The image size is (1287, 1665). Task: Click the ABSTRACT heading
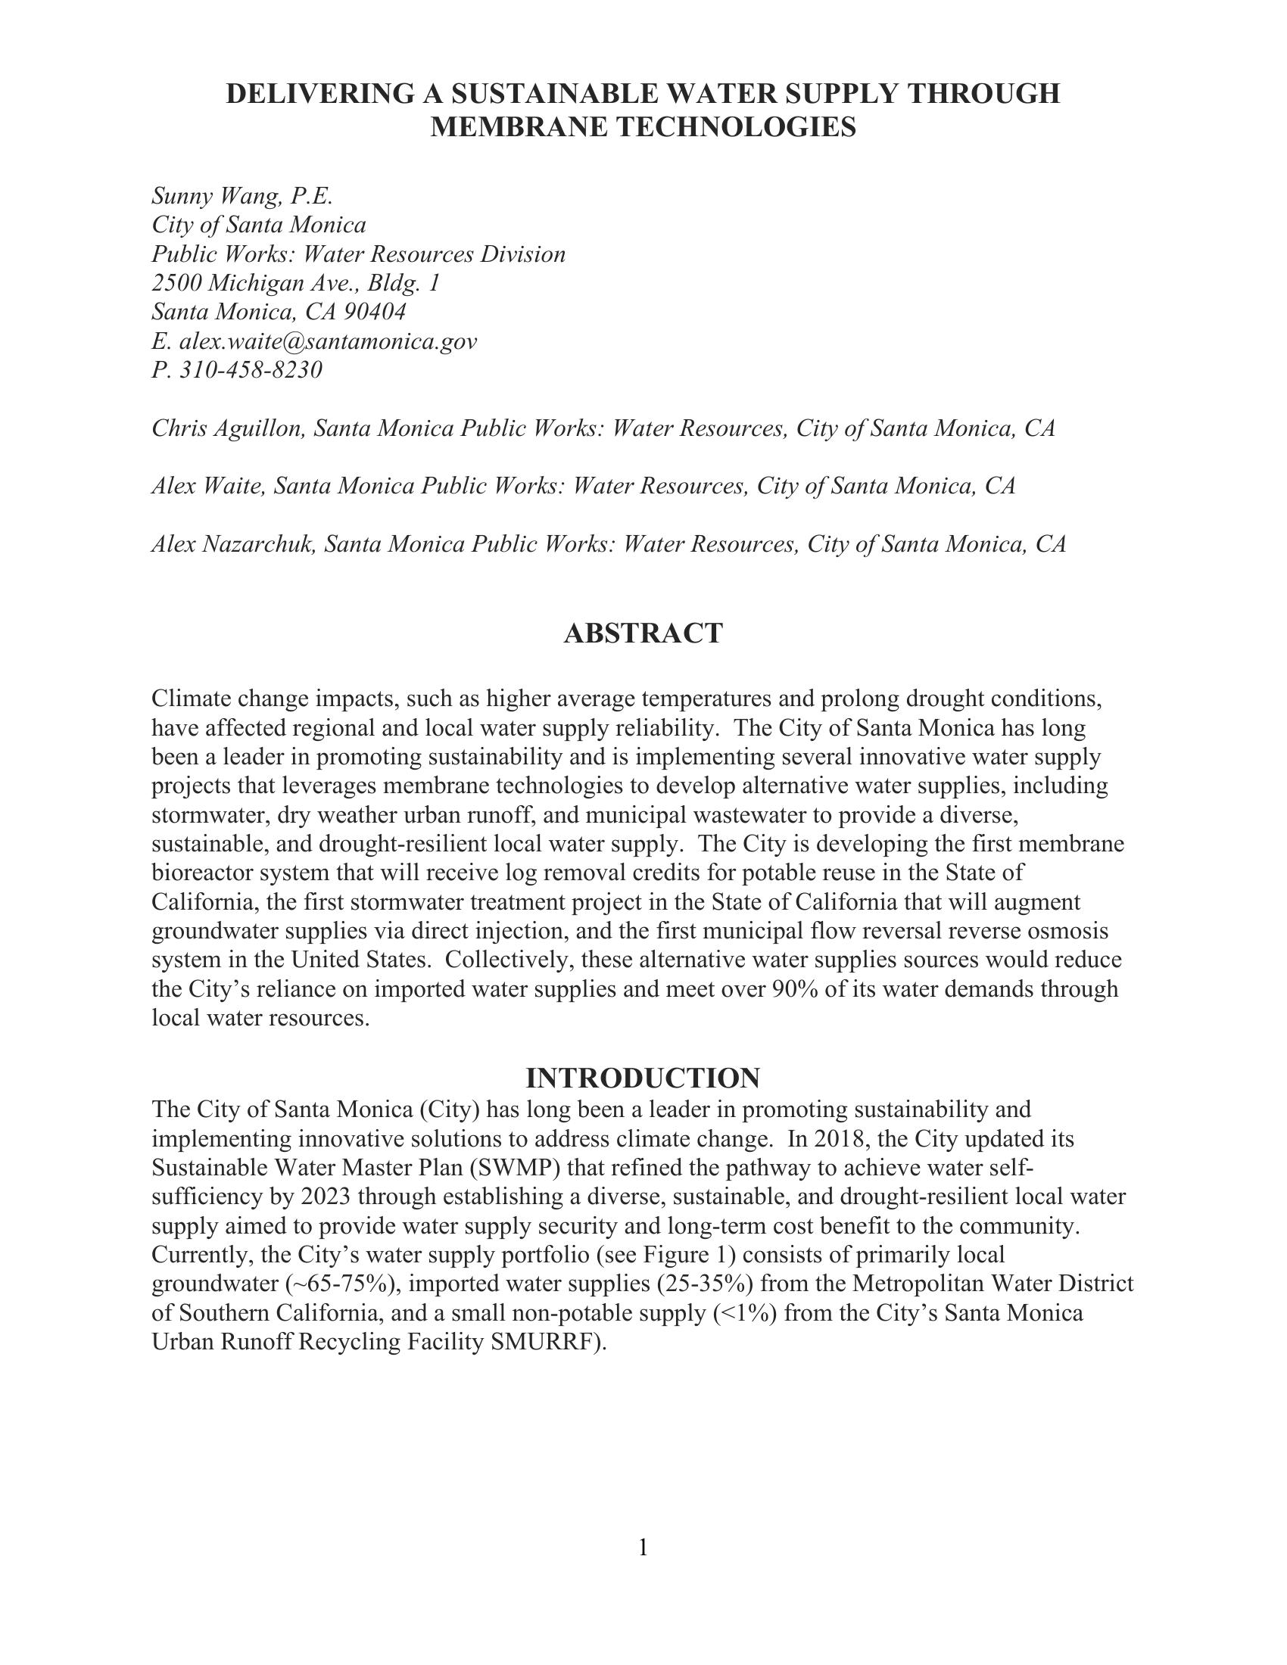pos(643,633)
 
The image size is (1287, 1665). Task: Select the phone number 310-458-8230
pos(251,370)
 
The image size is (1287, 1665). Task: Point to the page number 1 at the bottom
pos(643,1547)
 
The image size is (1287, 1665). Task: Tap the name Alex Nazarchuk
pos(233,544)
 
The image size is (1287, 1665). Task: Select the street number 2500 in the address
pos(176,283)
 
